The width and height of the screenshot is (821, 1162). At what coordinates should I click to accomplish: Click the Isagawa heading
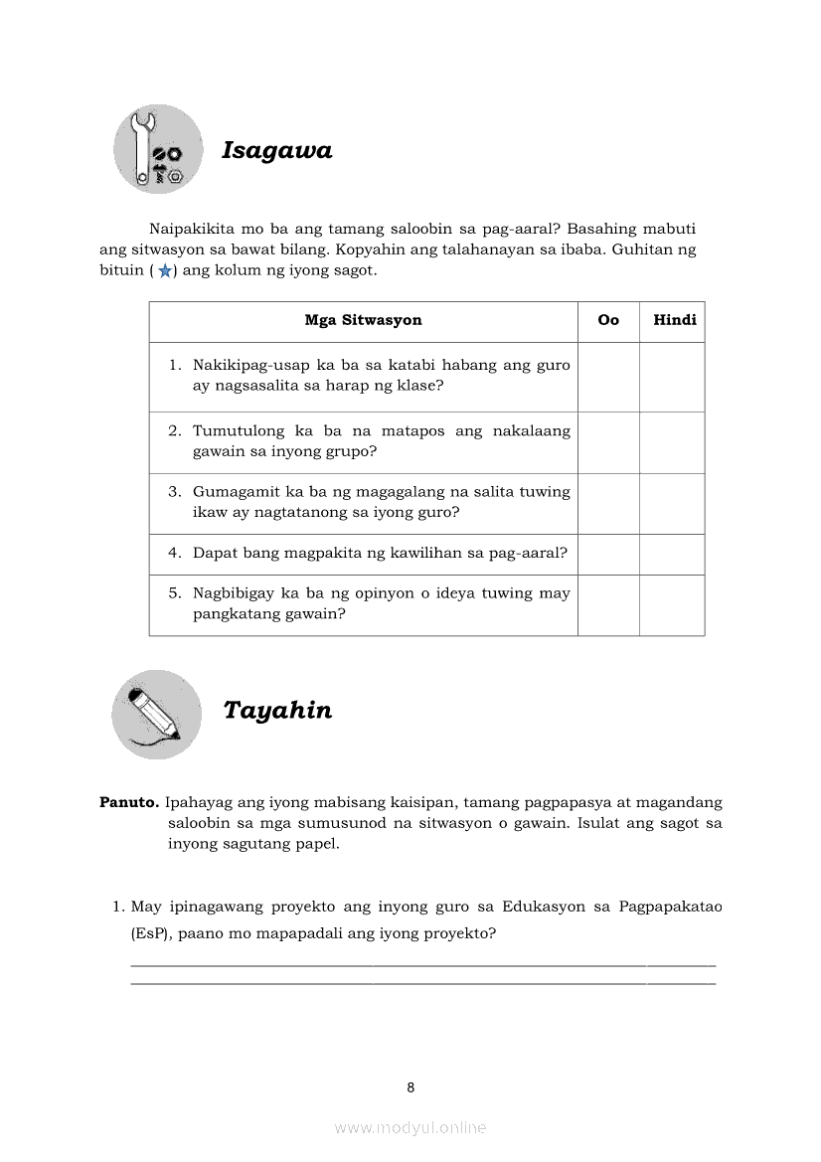click(276, 151)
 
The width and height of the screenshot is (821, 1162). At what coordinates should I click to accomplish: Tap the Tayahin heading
click(277, 711)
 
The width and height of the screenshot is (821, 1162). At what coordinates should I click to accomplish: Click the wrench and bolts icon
click(158, 149)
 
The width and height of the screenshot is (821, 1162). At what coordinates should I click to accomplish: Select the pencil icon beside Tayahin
click(157, 715)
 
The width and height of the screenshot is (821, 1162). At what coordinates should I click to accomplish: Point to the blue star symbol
click(164, 271)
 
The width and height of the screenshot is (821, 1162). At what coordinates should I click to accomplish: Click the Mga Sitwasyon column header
click(363, 320)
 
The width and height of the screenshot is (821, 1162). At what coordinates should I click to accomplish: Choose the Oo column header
click(608, 320)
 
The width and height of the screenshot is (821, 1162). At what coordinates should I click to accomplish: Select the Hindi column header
click(674, 320)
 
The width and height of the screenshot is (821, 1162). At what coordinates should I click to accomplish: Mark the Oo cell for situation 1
click(608, 377)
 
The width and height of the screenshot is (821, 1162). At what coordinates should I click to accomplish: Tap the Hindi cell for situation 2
click(672, 442)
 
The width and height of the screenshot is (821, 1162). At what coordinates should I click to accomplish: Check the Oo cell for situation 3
click(608, 503)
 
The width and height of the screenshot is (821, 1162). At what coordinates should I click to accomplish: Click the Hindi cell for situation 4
click(672, 554)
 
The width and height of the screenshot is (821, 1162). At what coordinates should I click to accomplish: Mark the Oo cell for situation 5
click(608, 604)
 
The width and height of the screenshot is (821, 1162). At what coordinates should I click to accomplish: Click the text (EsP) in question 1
click(150, 933)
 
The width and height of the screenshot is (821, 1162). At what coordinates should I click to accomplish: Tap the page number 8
click(410, 1087)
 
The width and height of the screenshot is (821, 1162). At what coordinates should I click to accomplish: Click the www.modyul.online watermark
click(410, 1128)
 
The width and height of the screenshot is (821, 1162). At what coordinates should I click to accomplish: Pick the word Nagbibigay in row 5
click(235, 593)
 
